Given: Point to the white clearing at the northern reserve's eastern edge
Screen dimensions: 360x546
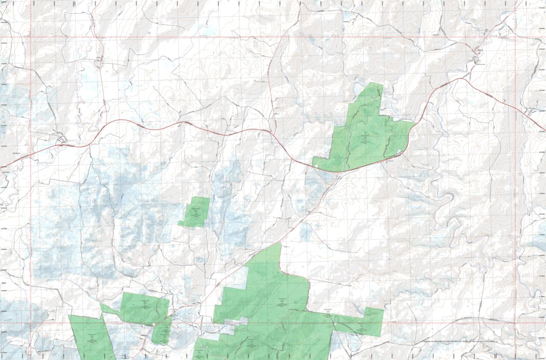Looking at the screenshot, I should click(x=399, y=152).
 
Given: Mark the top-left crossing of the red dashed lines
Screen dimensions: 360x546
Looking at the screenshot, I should click(x=30, y=37).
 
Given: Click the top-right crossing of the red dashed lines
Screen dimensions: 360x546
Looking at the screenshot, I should click(x=515, y=37).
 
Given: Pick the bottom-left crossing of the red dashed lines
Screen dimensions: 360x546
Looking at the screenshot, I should click(x=30, y=323).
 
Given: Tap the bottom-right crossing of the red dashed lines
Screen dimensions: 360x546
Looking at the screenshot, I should click(x=515, y=323).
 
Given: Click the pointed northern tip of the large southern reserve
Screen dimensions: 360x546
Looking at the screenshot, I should click(x=280, y=243).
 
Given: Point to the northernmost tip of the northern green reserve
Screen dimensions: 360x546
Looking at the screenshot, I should click(x=374, y=83).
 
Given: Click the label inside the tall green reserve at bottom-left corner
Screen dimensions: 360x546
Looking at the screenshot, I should click(x=91, y=337).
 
